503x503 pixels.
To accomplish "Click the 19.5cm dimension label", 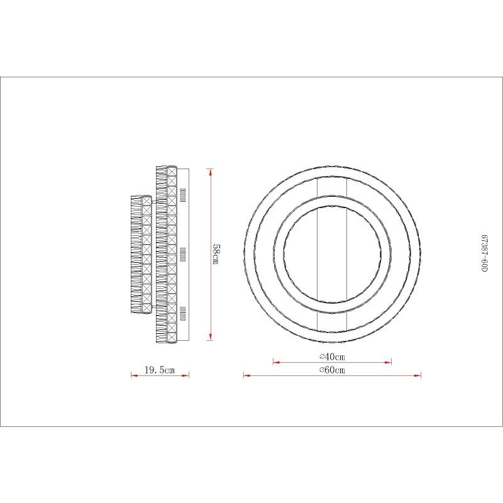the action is (160, 370).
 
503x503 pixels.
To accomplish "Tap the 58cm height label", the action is (216, 255).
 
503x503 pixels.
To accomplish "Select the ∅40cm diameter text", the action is (333, 357).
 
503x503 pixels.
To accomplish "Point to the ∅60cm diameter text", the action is (333, 370).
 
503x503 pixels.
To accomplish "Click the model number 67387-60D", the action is (484, 253).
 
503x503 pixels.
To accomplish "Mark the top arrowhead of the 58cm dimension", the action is (210, 172).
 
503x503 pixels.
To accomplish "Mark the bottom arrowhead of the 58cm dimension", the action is (210, 336).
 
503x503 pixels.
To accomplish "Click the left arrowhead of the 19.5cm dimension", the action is (135, 375).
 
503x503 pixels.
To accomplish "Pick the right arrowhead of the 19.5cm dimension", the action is (185, 375).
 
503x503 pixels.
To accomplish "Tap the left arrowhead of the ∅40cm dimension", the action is (277, 363).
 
